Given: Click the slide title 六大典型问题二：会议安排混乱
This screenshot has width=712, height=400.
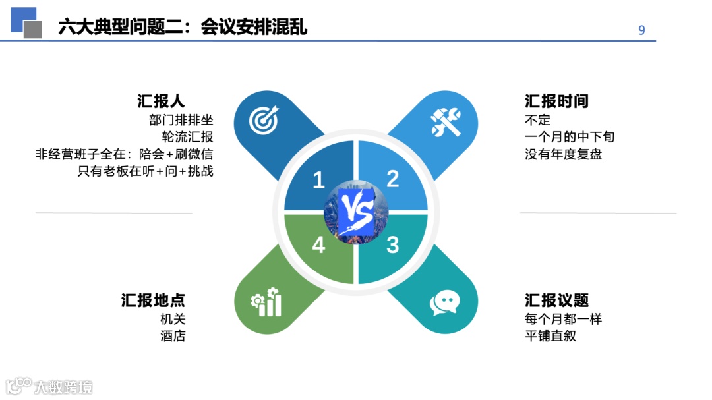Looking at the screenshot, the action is coord(183,27).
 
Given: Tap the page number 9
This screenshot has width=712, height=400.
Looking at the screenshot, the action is coord(641,30).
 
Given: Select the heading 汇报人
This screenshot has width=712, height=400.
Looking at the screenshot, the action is coord(161,101).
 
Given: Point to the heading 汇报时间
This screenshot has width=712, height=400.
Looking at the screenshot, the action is coord(556,101).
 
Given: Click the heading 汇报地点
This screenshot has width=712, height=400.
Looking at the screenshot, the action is coord(153,300).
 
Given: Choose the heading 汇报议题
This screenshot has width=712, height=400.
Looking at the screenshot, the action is coord(556,300).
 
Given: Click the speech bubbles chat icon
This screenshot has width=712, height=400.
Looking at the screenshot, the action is coord(444,302).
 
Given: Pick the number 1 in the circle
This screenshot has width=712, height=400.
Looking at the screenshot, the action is coord(319,180).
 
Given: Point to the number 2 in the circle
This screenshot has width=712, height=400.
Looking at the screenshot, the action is coord(393,179).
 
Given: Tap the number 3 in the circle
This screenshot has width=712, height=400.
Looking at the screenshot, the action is coord(393,245).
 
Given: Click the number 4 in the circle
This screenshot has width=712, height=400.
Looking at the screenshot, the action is coord(319,245).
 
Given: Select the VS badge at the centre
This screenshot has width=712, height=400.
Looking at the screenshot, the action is coord(356,212).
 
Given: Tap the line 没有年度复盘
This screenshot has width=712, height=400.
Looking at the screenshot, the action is coord(563,154).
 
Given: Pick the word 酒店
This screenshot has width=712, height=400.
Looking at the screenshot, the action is coord(173,336).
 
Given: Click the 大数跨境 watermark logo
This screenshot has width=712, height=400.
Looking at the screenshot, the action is coord(49,386).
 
